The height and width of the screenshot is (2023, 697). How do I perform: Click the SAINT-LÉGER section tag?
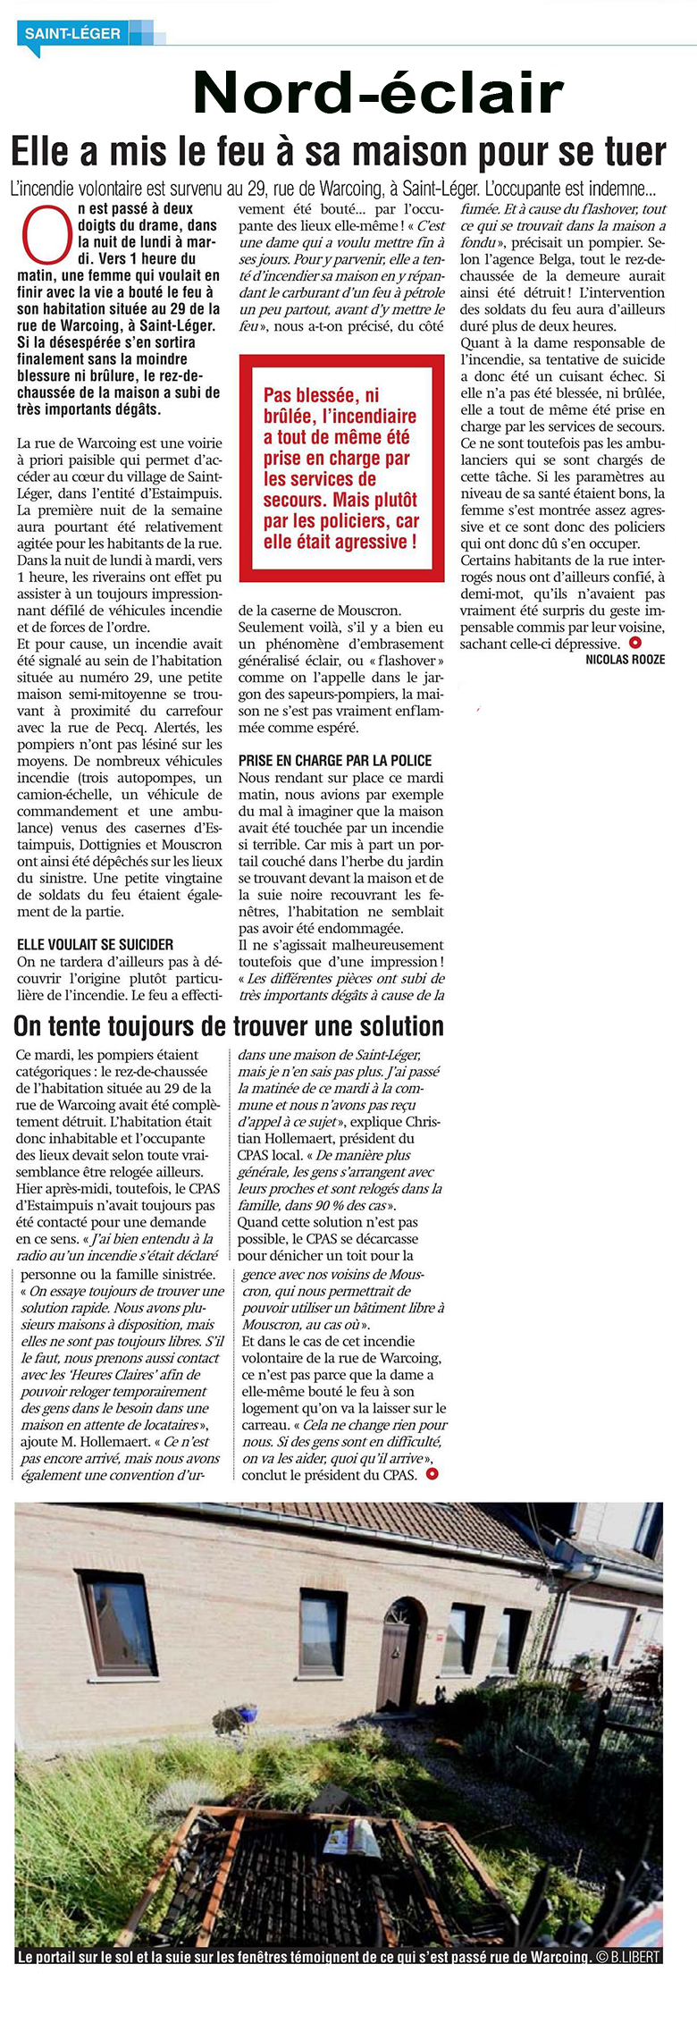[x=72, y=34]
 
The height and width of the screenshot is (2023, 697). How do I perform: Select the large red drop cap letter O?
[x=46, y=235]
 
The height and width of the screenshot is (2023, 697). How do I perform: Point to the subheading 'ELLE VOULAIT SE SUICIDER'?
[x=95, y=944]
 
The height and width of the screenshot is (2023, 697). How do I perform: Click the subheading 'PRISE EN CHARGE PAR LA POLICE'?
[x=335, y=761]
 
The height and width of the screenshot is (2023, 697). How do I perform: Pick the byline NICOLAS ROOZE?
[x=625, y=660]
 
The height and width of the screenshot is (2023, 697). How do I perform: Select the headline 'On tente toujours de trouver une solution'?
[x=229, y=1025]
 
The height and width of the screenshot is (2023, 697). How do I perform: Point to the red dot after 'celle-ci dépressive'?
[x=634, y=643]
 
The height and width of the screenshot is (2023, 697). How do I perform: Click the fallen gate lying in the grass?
[x=331, y=1877]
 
